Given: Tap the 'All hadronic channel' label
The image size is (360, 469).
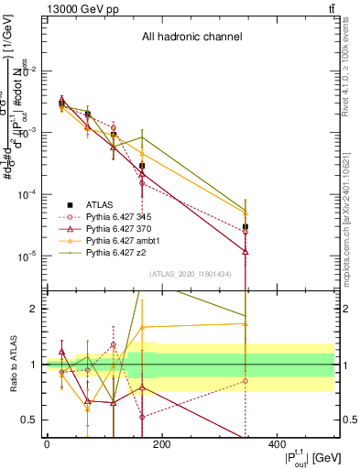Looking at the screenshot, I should tap(191, 38).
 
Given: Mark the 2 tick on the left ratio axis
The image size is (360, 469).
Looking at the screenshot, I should tap(34, 309).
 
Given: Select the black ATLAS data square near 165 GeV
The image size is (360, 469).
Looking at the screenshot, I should tap(142, 166).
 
